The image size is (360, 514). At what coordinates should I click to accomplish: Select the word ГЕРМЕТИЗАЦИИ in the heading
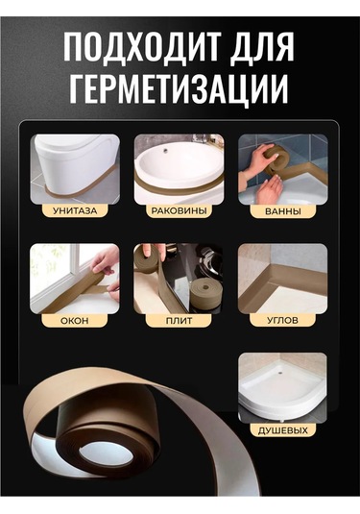180,89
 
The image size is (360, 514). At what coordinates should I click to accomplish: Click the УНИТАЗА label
74,209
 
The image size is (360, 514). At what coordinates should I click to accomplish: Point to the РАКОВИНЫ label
179,209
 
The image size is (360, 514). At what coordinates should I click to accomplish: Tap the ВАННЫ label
282,209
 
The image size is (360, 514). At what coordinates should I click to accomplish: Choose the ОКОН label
74,319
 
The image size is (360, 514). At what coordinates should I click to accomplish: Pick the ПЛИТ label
179,319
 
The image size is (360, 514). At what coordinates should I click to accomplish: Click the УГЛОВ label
282,319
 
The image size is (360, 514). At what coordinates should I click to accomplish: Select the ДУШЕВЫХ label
282,429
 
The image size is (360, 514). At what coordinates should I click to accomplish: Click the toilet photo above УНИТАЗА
74,166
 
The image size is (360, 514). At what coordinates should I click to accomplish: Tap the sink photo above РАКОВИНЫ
179,166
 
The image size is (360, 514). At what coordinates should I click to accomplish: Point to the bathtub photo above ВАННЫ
282,166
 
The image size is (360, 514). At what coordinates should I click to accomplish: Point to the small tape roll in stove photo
202,293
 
